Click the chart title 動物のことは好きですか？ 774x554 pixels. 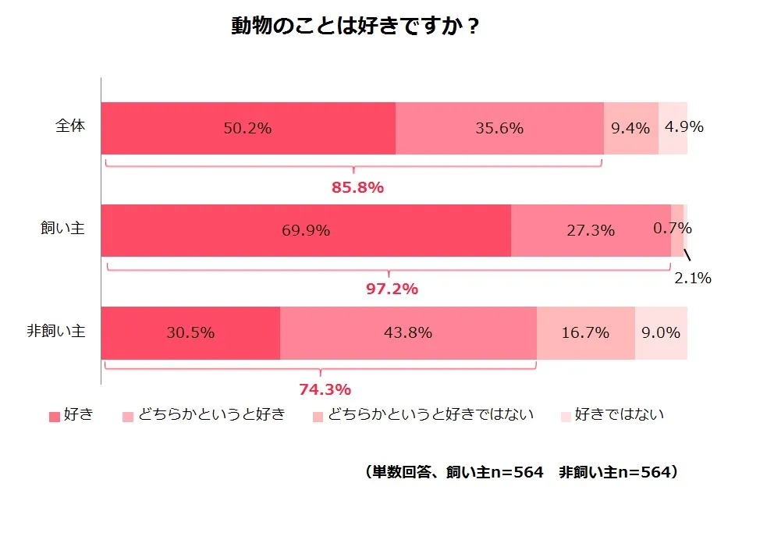tap(355, 27)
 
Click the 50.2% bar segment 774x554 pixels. tap(248, 128)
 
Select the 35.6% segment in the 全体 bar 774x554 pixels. tap(499, 128)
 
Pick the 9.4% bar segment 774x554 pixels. tap(630, 128)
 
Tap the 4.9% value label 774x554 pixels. tap(683, 126)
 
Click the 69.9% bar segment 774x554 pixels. tap(306, 230)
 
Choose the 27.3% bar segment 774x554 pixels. tap(591, 230)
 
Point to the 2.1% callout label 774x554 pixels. tap(693, 278)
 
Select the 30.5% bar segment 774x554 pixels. tap(190, 332)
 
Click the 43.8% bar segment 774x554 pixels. tap(408, 332)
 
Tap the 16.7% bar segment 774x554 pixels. tap(585, 332)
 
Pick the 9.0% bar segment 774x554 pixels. tap(661, 332)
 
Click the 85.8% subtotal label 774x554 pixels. tap(357, 188)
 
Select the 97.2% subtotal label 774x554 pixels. tap(392, 289)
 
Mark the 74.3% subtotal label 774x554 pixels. tap(325, 389)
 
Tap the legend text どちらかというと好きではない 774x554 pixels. tap(431, 415)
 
